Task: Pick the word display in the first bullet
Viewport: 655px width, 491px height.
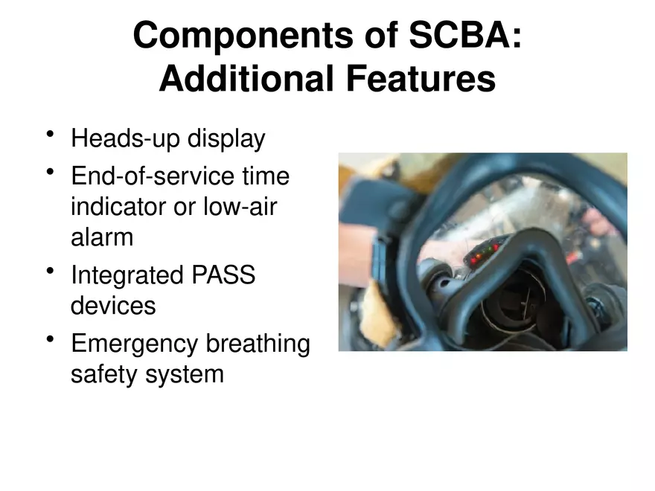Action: point(226,139)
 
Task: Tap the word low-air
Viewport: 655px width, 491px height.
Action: point(240,207)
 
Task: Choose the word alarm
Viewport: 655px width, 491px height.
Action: point(102,237)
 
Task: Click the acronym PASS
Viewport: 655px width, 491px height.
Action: point(224,275)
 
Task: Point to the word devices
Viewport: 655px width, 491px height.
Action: point(113,305)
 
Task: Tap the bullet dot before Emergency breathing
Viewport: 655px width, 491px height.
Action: point(51,340)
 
